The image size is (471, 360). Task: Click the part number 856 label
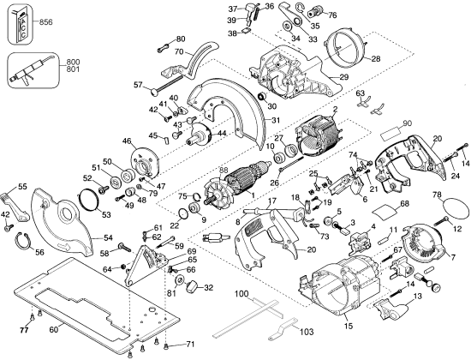[x=46, y=22]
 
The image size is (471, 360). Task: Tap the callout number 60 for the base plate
[x=53, y=330]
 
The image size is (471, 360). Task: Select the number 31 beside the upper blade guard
[x=276, y=120]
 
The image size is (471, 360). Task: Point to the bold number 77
[x=24, y=331]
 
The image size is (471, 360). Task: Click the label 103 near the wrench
[x=307, y=332]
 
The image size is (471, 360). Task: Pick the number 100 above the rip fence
[x=241, y=292]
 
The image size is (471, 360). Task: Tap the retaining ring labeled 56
[x=22, y=241]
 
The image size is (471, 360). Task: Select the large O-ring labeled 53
[x=88, y=200]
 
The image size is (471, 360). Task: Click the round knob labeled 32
[x=191, y=286]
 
